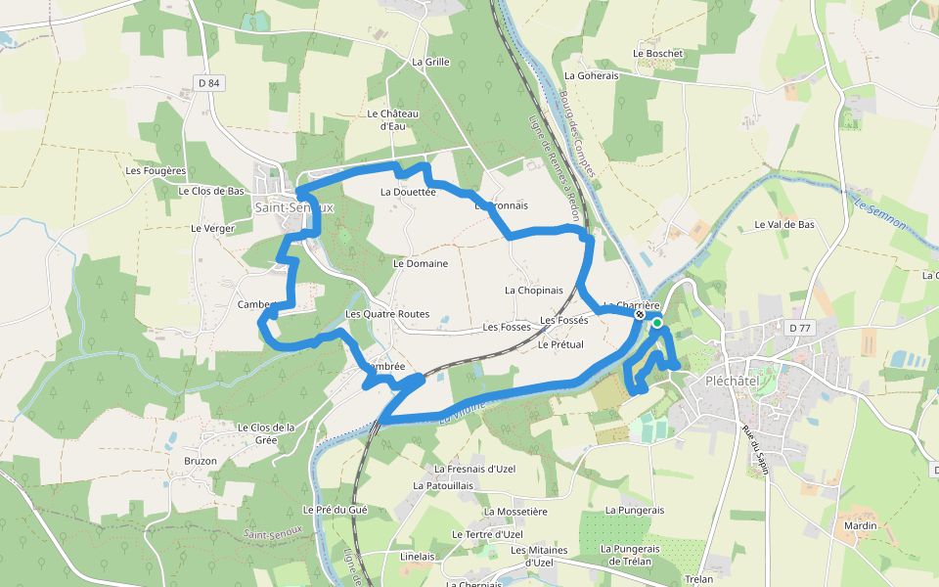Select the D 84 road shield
[209, 83]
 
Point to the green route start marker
[657, 322]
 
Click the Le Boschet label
[657, 54]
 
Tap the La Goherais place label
[592, 75]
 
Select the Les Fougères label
[156, 170]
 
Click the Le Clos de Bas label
[211, 191]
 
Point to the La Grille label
[430, 62]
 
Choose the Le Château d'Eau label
[393, 119]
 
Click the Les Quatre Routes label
[387, 314]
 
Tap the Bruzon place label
[201, 460]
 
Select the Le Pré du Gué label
[335, 510]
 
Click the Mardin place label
[860, 525]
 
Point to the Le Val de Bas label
[784, 224]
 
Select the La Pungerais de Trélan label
[630, 555]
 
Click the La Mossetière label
[515, 511]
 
